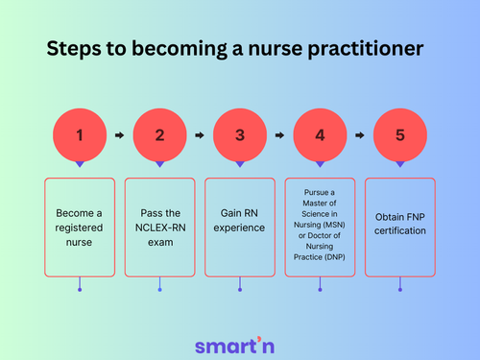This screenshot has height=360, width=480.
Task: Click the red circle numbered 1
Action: coord(79,135)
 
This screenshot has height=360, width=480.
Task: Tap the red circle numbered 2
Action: coord(159,135)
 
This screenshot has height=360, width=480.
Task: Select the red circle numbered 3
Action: coord(239,135)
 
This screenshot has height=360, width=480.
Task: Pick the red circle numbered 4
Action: coord(320,135)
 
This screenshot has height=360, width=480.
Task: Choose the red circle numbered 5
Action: coord(399,135)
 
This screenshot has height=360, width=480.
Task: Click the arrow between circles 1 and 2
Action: coord(119,135)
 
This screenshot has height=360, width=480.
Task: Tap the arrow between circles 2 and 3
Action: coord(199,135)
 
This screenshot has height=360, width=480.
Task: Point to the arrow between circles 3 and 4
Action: coord(279,135)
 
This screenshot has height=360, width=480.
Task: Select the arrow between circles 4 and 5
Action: coord(360,135)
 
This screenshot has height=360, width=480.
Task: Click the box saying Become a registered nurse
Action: coord(79,226)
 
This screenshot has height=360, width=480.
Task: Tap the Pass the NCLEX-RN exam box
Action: coord(159,226)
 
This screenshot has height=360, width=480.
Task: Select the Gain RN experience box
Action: coord(239,226)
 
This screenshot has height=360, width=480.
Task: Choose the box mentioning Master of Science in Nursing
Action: coord(320,226)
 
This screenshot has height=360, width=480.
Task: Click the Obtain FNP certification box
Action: coord(399,226)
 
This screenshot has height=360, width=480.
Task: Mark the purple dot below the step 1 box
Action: coord(79,289)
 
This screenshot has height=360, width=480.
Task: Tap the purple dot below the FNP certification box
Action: coord(399,289)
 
